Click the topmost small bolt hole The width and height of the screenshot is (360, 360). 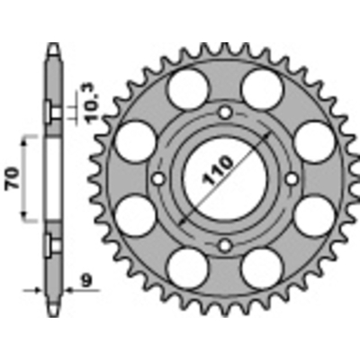pos(226,112)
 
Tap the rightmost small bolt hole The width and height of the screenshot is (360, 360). pos(291,177)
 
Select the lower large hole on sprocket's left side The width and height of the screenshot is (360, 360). pos(138,214)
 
